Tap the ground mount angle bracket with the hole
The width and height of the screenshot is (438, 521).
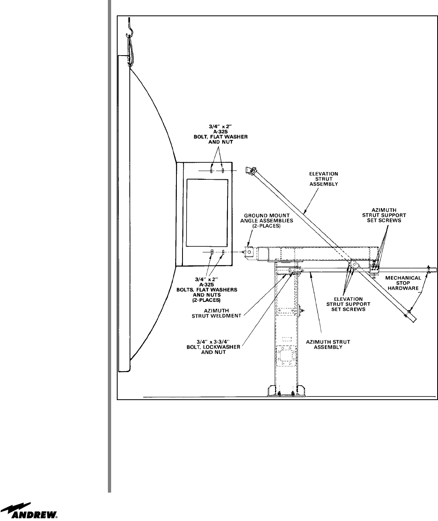coord(249,252)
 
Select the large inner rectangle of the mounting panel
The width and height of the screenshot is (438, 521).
coord(206,213)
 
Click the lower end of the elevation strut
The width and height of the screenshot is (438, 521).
coord(412,319)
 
